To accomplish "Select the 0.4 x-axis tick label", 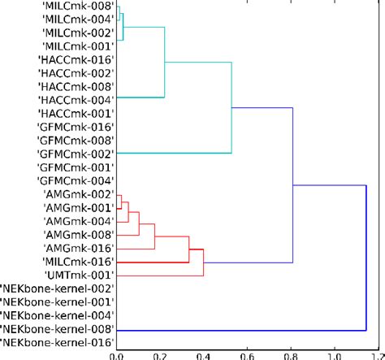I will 203,354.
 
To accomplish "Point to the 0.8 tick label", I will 291,354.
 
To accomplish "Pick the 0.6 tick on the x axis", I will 247,354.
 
